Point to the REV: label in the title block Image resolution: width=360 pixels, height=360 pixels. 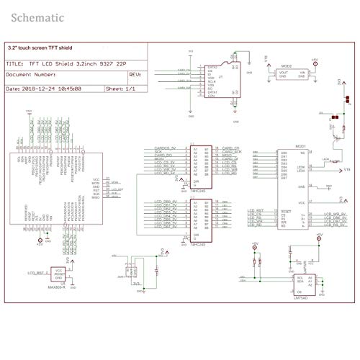(x=134, y=73)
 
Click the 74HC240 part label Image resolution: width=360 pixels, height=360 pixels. (x=199, y=244)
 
